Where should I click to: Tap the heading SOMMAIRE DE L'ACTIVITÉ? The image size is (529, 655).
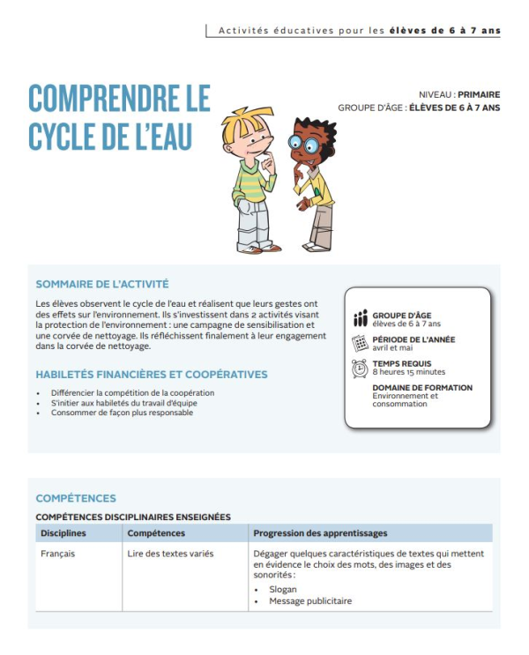(101, 284)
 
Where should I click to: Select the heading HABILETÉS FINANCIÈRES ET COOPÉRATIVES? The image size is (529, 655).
(152, 375)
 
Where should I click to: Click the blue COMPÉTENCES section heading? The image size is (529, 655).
(76, 498)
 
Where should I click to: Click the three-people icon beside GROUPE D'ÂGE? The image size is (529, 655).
(360, 318)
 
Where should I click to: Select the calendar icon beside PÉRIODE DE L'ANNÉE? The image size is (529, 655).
(360, 344)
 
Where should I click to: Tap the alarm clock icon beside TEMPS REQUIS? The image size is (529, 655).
(360, 368)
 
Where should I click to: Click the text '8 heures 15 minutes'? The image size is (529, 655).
(408, 372)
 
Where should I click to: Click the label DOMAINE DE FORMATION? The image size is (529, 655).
(422, 387)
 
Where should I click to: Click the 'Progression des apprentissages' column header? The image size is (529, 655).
(320, 533)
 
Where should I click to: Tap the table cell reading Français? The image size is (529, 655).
(58, 554)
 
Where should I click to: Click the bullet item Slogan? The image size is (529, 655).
(283, 589)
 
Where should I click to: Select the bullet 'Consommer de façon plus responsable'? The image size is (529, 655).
(122, 413)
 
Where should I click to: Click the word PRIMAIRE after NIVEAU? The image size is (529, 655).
(479, 94)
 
